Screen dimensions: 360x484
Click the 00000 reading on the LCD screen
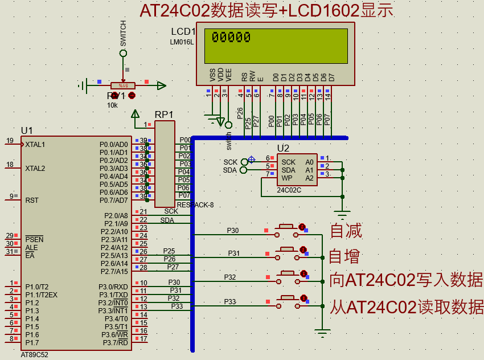tap(231, 38)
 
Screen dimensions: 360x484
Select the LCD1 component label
tap(183, 31)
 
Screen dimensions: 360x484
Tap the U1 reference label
tap(27, 130)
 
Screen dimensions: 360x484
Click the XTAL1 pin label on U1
tap(35, 145)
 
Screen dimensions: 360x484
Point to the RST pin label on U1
tap(32, 201)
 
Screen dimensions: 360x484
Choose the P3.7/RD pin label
tap(115, 342)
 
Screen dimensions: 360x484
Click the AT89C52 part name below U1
tap(34, 354)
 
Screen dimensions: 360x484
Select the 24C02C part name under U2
tap(289, 190)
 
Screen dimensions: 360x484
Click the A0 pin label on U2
tap(310, 162)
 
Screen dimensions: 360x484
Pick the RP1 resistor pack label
tap(164, 114)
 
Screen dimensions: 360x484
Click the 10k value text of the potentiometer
tap(112, 105)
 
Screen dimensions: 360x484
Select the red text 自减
tap(346, 231)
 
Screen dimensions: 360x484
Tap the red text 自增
tap(345, 256)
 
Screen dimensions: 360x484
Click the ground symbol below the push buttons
tap(322, 333)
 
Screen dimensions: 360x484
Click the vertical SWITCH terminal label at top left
tap(124, 34)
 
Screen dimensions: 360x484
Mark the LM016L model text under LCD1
tap(182, 42)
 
